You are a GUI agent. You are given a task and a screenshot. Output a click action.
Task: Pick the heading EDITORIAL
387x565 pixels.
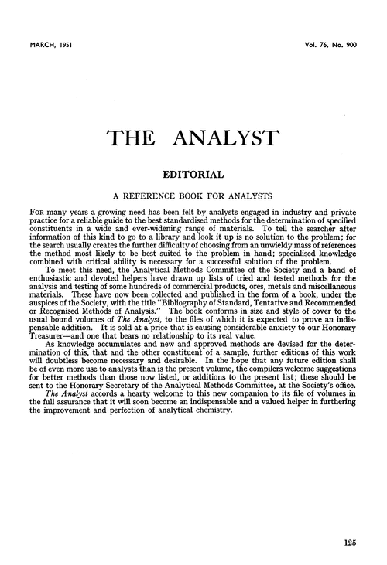point(193,175)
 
